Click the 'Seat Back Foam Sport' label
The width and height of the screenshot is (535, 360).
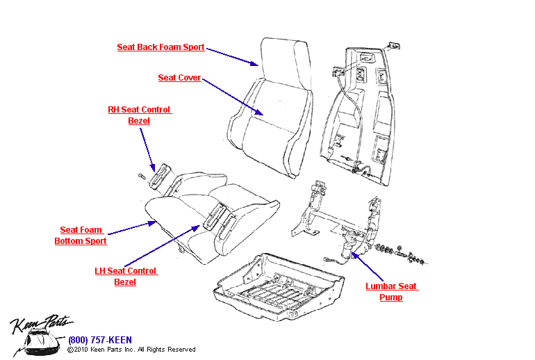point(160,47)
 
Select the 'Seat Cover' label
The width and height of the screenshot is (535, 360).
point(179,78)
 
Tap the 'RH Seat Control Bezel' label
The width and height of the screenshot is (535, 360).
point(139,115)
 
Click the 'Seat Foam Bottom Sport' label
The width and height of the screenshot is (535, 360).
point(81,236)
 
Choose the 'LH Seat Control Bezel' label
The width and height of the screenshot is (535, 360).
point(126,277)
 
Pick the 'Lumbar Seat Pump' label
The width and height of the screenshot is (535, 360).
point(391,292)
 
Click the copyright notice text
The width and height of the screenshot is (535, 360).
point(131,350)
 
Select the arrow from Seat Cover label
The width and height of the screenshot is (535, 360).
point(232,95)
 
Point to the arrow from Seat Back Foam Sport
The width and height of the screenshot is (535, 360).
point(233,56)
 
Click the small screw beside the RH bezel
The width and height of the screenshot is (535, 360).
point(141,176)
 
